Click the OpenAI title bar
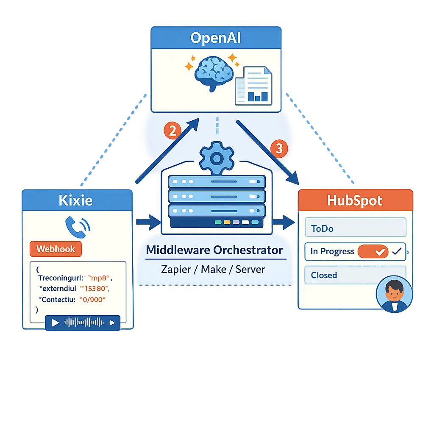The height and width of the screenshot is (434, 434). pyautogui.click(x=216, y=38)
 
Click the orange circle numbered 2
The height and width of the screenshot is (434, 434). pyautogui.click(x=172, y=131)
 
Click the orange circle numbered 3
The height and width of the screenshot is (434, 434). pyautogui.click(x=279, y=149)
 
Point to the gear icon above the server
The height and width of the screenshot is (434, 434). pyautogui.click(x=217, y=159)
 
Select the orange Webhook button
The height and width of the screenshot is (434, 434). pyautogui.click(x=56, y=249)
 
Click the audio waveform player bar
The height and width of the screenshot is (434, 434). pyautogui.click(x=83, y=323)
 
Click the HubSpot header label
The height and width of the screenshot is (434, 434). pyautogui.click(x=355, y=200)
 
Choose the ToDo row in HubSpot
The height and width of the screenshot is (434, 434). pyautogui.click(x=355, y=228)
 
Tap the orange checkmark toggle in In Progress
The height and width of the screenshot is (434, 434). pyautogui.click(x=373, y=251)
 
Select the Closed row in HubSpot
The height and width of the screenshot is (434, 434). pyautogui.click(x=355, y=275)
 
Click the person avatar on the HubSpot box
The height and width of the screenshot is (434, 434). pyautogui.click(x=394, y=294)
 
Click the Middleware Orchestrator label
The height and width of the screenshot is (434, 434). pyautogui.click(x=214, y=250)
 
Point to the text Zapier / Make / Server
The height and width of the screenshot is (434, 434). pyautogui.click(x=213, y=269)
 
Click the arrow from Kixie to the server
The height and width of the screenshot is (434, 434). pyautogui.click(x=147, y=221)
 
